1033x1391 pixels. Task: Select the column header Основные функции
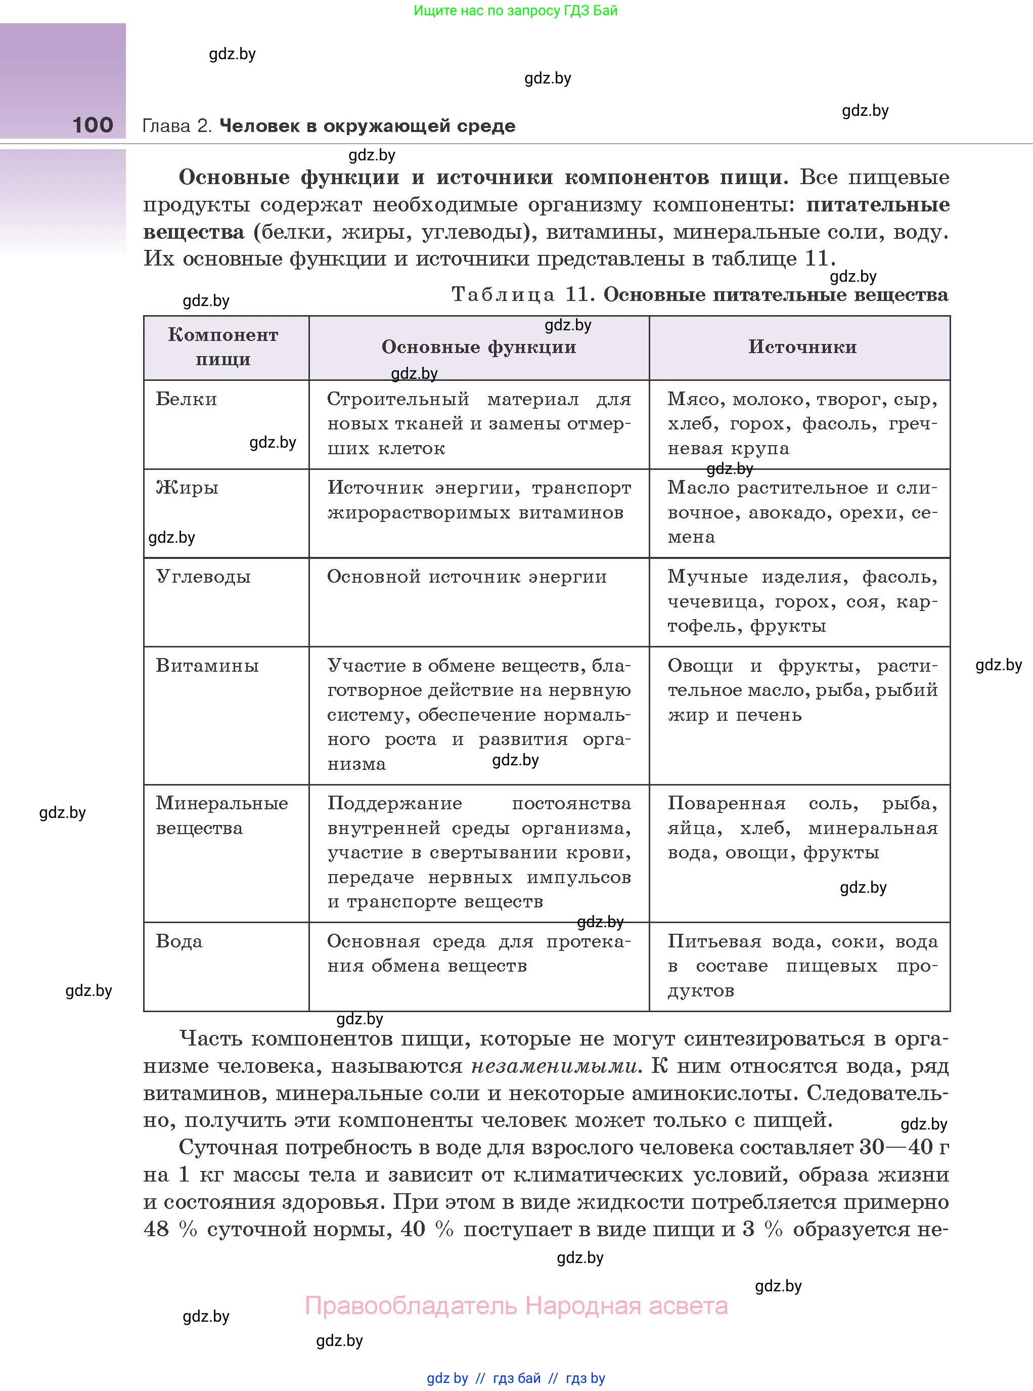coord(478,347)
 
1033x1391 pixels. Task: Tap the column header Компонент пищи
coord(223,347)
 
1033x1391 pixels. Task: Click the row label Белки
coord(187,399)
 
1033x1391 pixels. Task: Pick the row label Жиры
coord(187,488)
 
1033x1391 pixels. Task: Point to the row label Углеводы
coord(203,577)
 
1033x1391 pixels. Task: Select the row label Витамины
coord(207,666)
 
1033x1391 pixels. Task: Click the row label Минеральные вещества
coord(221,815)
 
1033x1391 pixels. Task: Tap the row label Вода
coord(179,942)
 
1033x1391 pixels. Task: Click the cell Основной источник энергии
coord(467,577)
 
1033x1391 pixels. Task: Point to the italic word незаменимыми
coord(554,1066)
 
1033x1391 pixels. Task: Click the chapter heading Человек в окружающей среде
coord(367,126)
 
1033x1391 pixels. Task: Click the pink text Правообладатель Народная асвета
coord(516,1306)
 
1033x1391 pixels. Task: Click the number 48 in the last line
coord(156,1229)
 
